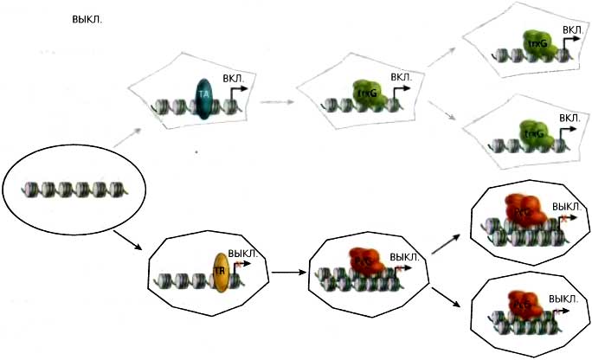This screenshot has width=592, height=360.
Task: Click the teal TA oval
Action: [204, 99]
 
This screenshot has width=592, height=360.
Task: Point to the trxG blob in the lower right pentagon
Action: [535, 132]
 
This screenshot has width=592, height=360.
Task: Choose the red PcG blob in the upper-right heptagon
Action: [523, 209]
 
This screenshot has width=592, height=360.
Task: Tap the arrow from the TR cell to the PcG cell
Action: [286, 273]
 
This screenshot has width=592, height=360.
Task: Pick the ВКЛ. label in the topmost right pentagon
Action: [571, 29]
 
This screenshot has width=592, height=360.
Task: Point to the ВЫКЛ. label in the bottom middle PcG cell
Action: [404, 257]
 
